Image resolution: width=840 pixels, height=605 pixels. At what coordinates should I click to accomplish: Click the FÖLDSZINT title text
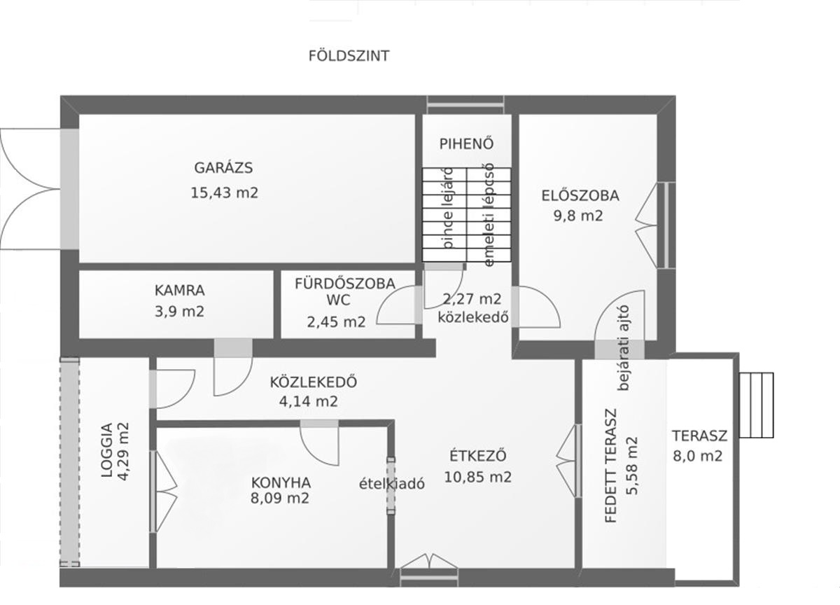coord(349,56)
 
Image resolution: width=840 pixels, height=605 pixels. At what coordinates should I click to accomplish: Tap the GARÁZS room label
coord(223,167)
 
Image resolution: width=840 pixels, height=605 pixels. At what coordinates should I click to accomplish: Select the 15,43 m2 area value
coord(224,193)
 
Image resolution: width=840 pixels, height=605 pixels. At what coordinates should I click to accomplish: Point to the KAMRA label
coord(180,291)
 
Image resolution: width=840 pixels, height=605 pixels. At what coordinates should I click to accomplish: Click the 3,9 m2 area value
coord(180,312)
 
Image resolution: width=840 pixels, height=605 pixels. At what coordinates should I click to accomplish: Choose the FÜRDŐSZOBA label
coord(345,284)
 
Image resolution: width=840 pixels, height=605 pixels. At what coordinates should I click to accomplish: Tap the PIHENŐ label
coord(466,144)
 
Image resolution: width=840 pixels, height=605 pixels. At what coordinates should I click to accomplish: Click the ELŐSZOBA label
coord(580,195)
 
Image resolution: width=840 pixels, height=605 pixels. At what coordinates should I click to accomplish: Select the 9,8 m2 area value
coord(578,216)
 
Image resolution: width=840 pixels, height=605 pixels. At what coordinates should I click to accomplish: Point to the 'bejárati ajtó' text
coord(623,348)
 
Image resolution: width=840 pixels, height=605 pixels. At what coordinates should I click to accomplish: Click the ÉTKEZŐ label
coord(477,456)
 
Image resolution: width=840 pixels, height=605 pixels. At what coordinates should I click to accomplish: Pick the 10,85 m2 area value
coord(477,477)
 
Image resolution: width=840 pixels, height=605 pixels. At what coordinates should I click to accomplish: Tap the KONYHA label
coord(281,482)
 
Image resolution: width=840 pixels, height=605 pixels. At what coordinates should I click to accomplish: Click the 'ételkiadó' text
coord(392,484)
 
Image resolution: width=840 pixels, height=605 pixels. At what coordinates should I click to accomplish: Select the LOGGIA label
coord(107,450)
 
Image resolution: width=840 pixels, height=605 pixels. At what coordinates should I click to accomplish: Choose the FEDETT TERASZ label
coord(611,466)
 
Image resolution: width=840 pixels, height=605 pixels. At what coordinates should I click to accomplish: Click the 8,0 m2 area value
coord(697,456)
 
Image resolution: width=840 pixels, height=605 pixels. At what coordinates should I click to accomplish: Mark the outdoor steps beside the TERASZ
coord(756,405)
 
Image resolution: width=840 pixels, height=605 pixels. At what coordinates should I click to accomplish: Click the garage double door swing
coord(30,188)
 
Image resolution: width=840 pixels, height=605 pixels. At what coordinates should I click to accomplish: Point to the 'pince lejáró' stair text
coord(448,209)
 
